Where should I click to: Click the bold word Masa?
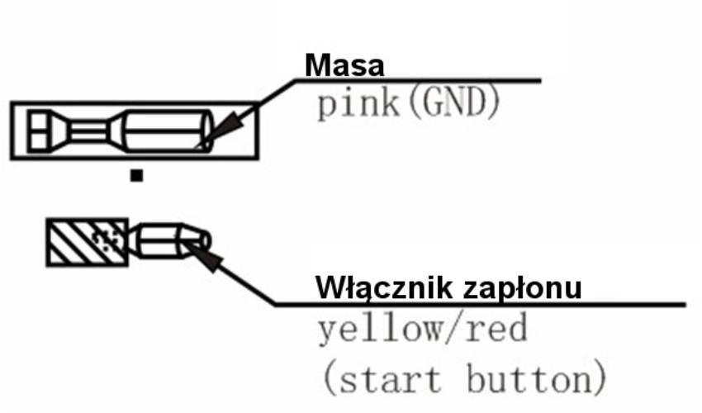point(344,65)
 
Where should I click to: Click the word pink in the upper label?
point(358,104)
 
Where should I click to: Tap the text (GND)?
point(454,103)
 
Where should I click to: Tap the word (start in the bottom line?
point(382,379)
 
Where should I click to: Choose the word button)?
point(536,378)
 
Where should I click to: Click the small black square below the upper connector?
point(136,175)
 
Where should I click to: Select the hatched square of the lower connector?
point(88,242)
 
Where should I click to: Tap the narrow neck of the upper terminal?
point(88,131)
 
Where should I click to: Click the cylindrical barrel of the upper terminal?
point(167,131)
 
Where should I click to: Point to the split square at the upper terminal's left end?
point(39,131)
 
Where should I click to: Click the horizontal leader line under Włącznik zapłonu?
point(480,305)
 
